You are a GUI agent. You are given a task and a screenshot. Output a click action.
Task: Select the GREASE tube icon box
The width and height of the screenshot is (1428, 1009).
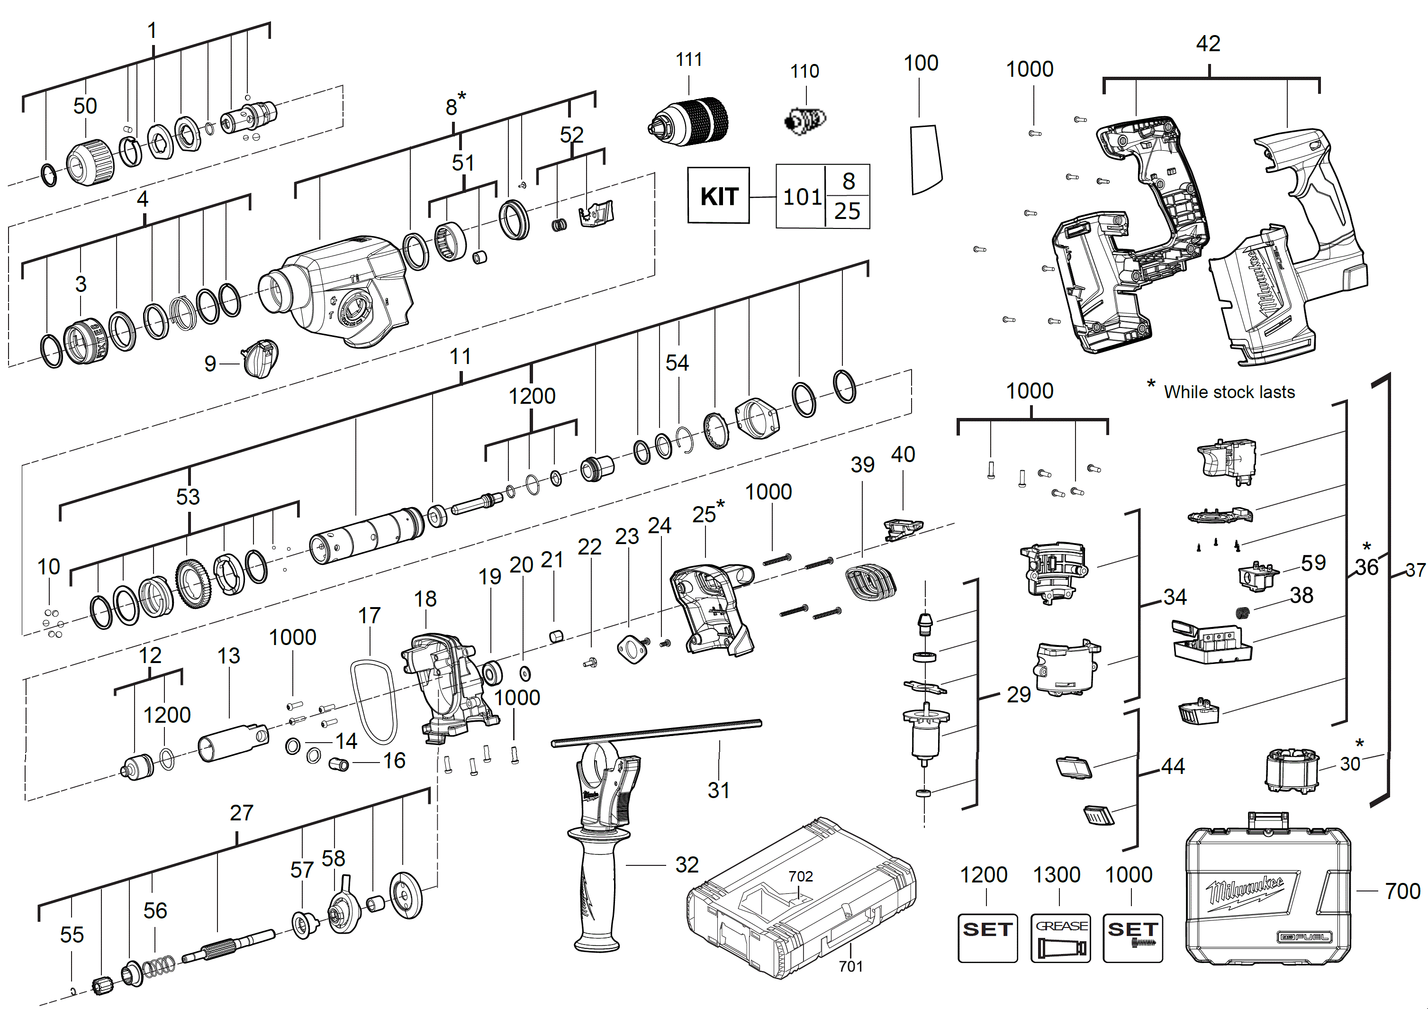pos(1060,937)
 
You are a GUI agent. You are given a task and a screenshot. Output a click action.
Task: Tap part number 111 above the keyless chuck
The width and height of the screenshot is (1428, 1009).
pos(688,60)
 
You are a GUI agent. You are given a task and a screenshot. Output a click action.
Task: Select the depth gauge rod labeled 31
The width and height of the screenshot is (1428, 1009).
pos(656,732)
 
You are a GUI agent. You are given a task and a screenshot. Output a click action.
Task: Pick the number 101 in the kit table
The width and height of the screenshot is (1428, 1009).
pos(802,197)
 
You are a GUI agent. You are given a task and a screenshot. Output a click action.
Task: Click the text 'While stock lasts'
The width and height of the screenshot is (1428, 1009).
pos(1229,392)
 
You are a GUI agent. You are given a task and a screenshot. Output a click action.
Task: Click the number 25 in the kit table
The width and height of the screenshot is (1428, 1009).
pos(847,211)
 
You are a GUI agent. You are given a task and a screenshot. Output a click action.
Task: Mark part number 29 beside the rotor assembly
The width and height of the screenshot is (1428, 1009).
pos(1018,694)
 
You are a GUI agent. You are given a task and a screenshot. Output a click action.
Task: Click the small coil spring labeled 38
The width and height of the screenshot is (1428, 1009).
pos(1242,613)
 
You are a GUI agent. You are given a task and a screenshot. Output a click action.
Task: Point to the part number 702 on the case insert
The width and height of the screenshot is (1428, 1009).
pos(800,876)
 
